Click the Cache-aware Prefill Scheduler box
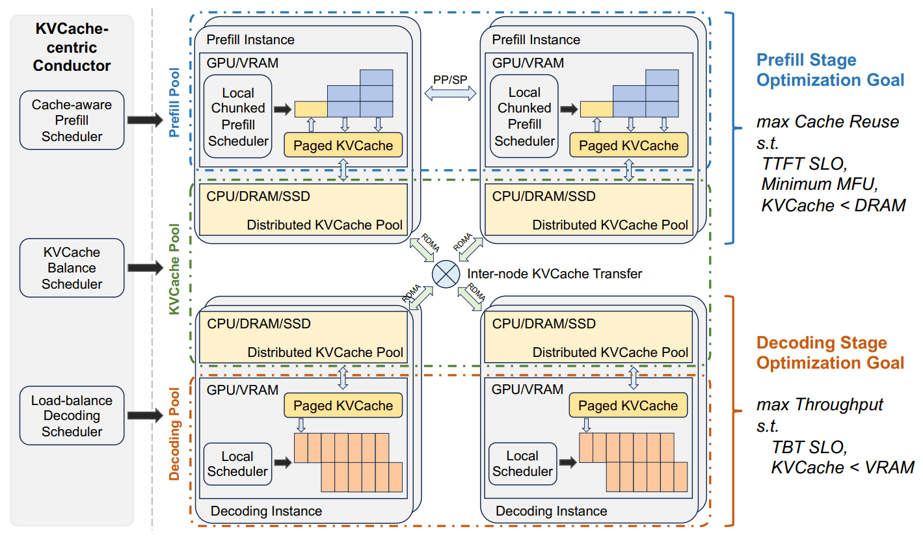[72, 120]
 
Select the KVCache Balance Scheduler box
[72, 268]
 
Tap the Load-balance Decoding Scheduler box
[72, 415]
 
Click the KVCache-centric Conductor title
[72, 47]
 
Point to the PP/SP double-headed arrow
[450, 94]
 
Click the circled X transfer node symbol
[446, 274]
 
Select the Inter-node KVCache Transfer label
[554, 274]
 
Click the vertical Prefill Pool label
[174, 103]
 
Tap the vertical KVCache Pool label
[174, 269]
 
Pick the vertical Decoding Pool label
[174, 434]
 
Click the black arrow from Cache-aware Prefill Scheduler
[146, 120]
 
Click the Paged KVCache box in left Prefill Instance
[343, 145]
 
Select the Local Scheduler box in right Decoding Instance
[522, 464]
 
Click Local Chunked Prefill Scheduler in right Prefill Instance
[524, 116]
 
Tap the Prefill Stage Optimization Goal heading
[830, 70]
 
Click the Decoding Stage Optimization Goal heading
[830, 353]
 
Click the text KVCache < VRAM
[842, 467]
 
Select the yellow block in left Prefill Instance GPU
[311, 109]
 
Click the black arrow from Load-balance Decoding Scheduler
[146, 415]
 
